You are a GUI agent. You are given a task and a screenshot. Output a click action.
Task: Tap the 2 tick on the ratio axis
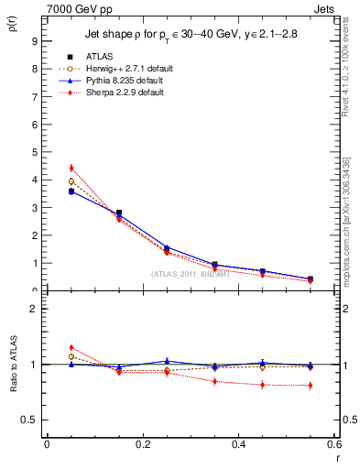tap(34, 309)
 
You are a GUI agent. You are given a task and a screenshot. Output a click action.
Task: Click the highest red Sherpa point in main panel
tap(71, 168)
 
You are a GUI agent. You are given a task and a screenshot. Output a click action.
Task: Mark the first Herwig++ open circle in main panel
tap(71, 181)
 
